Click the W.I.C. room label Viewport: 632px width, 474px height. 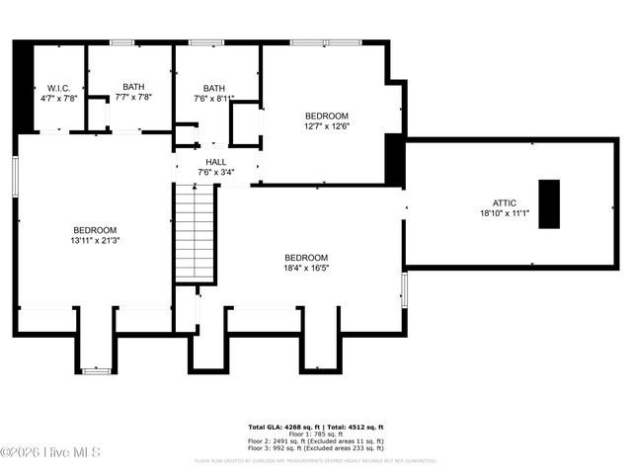(x=58, y=87)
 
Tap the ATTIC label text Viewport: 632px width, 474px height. (x=505, y=202)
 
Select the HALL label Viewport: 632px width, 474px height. (x=216, y=162)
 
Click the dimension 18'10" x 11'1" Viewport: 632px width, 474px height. (x=505, y=213)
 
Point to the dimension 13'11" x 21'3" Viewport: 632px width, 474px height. (x=95, y=240)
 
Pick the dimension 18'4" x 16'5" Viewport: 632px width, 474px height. (x=306, y=267)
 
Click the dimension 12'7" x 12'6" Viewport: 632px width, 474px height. (x=326, y=125)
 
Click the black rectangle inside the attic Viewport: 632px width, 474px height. (x=549, y=204)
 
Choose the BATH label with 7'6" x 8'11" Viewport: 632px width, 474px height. (x=213, y=87)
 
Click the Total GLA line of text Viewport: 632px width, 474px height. (x=315, y=426)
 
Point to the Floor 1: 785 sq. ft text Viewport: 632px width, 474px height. (x=315, y=434)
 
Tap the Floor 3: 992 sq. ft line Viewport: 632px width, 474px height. (x=315, y=447)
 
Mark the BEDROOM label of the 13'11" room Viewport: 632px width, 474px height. (x=95, y=229)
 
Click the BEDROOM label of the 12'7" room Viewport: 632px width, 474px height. (x=326, y=115)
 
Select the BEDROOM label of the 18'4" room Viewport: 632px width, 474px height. (x=306, y=256)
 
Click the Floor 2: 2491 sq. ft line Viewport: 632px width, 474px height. (x=315, y=440)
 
